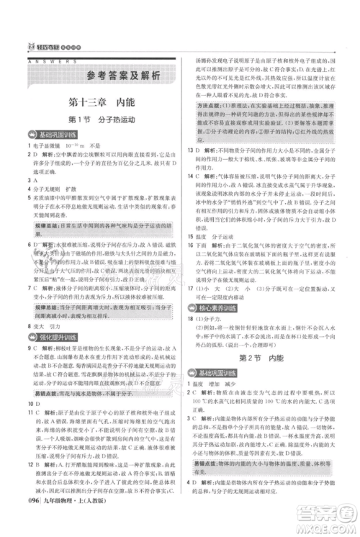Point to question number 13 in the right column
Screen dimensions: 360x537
click(x=189, y=151)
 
